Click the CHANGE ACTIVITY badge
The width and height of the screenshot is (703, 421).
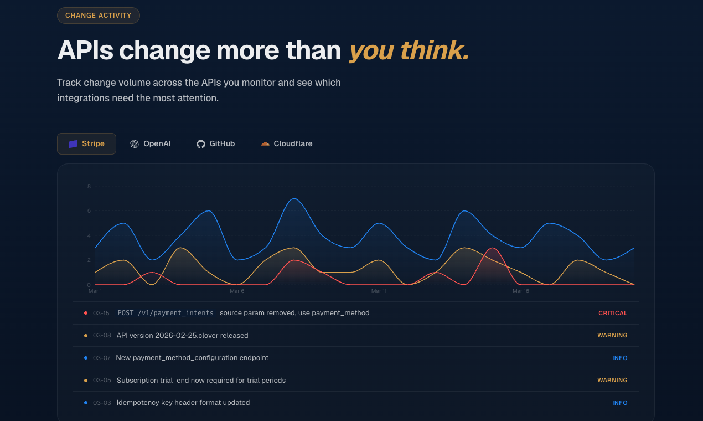(99, 16)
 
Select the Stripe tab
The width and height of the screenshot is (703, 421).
(86, 144)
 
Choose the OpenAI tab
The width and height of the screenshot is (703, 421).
(150, 144)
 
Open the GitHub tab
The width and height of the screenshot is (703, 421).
(215, 144)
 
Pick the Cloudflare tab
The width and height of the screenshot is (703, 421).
(286, 144)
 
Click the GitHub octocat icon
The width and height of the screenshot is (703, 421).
(201, 144)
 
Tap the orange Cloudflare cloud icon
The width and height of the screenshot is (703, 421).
(265, 144)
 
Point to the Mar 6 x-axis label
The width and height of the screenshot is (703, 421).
(237, 291)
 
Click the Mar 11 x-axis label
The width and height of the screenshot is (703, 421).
(379, 291)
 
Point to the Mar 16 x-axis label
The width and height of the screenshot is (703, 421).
(521, 291)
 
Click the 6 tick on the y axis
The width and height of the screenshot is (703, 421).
(89, 211)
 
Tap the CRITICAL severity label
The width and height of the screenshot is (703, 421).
(613, 314)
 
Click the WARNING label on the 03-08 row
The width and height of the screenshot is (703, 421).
(612, 336)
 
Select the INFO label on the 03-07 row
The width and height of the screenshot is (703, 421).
(620, 358)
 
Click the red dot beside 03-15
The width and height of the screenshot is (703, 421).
(86, 314)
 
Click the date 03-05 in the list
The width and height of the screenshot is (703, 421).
(102, 381)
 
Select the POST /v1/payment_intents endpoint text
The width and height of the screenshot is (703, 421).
(166, 314)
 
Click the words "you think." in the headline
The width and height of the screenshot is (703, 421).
(409, 50)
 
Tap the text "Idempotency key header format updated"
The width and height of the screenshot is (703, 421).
(183, 403)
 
